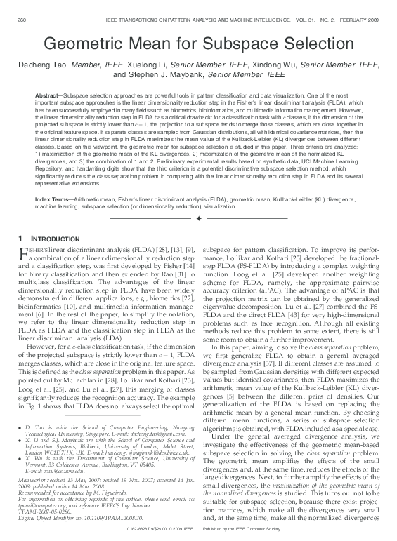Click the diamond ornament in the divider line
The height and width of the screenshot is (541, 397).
[x=199, y=219]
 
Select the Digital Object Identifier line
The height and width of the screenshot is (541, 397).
[x=70, y=520]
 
